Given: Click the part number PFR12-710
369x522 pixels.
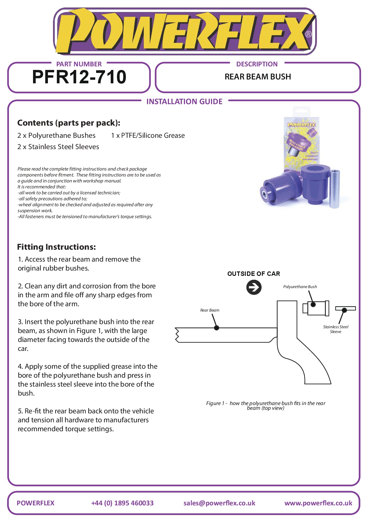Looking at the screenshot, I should point(79,77).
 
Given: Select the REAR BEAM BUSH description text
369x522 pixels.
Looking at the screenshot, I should point(258,77).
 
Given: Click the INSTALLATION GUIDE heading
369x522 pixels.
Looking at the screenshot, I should point(184,102).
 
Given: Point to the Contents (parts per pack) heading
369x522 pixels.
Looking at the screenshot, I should point(69,123).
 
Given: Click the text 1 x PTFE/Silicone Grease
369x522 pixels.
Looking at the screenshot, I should point(148,136).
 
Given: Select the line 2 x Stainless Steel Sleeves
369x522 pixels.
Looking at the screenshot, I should point(58,147).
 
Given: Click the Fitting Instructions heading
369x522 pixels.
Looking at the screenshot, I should point(57,247).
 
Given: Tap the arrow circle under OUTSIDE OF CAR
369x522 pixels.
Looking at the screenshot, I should point(254,287).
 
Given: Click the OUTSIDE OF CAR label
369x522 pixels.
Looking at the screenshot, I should point(254,274).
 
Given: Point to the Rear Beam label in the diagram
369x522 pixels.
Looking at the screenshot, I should point(209,310).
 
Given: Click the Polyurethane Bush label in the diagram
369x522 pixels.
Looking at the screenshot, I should point(300,287).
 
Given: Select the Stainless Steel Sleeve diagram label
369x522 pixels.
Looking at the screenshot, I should point(336,329).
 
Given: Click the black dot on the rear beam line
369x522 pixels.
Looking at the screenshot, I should point(217,328).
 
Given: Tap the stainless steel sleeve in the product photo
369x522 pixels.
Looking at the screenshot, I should point(334,189).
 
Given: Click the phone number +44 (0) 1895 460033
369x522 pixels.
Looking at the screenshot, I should point(122,503).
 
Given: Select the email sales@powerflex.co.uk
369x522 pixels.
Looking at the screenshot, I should point(219,503).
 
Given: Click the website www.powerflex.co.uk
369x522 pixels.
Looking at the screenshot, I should point(318,503).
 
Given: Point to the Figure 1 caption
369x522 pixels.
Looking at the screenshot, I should point(265,405).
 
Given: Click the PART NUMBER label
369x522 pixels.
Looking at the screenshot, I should point(79,64).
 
